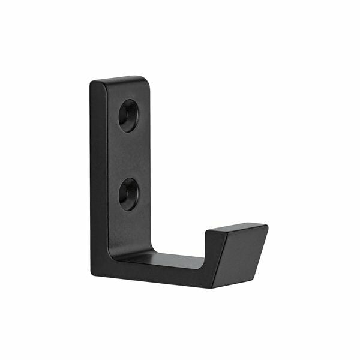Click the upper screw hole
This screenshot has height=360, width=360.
(127, 115)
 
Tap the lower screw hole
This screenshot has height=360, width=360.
(127, 194)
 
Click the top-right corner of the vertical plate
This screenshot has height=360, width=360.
(146, 78)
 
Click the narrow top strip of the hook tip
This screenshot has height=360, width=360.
(237, 229)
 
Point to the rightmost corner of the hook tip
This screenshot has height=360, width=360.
(266, 226)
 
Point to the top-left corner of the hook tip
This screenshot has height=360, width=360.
(208, 232)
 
